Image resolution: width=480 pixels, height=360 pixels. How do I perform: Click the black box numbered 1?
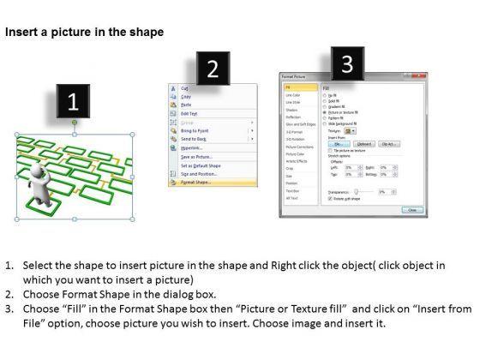tap(73, 103)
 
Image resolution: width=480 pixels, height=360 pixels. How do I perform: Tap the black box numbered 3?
tap(346, 64)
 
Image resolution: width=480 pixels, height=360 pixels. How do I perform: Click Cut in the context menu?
tap(185, 87)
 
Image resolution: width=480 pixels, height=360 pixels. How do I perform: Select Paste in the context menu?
tap(187, 104)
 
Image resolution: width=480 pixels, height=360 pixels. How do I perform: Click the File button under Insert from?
tap(339, 144)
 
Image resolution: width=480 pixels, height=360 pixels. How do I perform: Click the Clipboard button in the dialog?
tap(363, 144)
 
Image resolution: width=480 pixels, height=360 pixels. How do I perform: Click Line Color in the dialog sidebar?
tap(293, 95)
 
